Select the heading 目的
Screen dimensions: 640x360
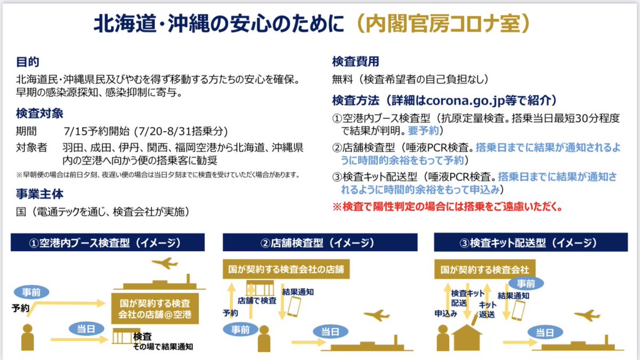(28, 62)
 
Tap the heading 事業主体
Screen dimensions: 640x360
(39, 193)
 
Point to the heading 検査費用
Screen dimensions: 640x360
(356, 62)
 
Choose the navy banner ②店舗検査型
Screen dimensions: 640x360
(317, 244)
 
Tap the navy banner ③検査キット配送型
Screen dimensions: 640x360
(529, 244)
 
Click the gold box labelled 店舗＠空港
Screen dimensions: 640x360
(154, 308)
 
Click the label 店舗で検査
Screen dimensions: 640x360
(257, 300)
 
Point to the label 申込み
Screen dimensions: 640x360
(446, 314)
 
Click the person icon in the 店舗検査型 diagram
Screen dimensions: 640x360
(263, 339)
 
